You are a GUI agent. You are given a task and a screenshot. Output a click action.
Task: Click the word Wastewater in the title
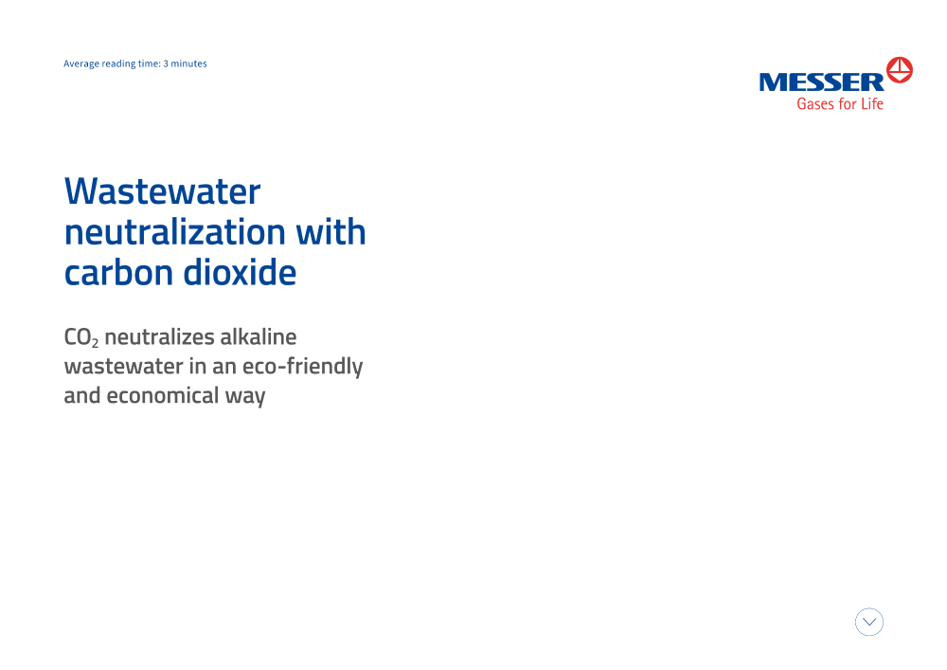(163, 191)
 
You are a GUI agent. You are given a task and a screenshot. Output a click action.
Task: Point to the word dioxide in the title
(240, 273)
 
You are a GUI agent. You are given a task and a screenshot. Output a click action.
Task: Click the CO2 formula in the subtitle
(80, 337)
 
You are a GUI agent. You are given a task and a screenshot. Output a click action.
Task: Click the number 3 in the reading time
(166, 63)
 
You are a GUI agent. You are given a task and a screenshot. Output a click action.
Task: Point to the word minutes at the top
(189, 63)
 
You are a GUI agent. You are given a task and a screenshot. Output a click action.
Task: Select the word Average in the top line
(80, 64)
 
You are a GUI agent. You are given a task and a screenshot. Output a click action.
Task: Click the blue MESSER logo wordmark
(821, 82)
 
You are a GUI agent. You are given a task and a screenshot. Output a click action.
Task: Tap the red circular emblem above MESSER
(900, 70)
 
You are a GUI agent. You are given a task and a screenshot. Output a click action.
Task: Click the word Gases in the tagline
(815, 104)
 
